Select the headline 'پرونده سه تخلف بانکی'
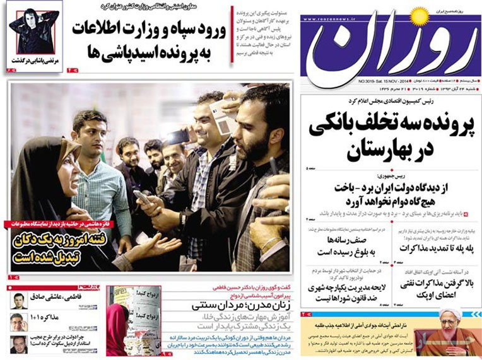point(391,125)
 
